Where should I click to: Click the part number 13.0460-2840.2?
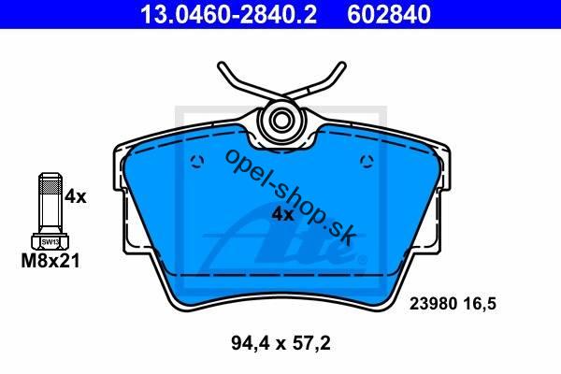coord(228,14)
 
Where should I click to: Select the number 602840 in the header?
coord(389,14)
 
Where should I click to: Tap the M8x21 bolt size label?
coord(50,261)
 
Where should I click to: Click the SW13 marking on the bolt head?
coord(50,242)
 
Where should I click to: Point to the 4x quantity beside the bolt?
coord(76,196)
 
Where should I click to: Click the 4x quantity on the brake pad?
coord(282,214)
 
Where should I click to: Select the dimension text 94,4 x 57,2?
coord(280,344)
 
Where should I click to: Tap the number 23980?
coord(433,304)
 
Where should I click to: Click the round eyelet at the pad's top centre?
coord(280,121)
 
